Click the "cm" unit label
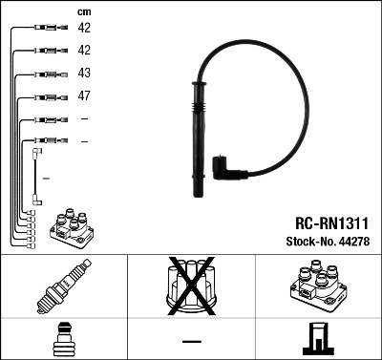point(84,11)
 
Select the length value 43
point(84,74)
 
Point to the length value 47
point(84,96)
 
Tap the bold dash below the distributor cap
point(191,340)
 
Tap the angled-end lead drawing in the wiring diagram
point(38,172)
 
